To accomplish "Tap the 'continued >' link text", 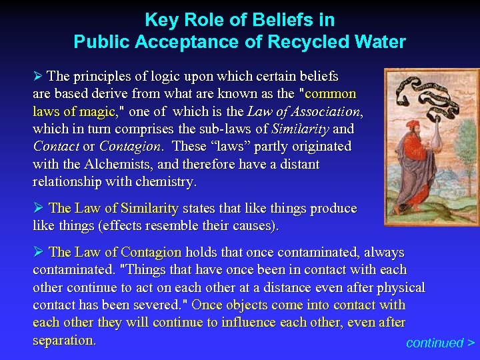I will [x=440, y=343].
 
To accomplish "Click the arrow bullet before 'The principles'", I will [x=39, y=76].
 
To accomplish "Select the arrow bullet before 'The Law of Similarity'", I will [x=39, y=208].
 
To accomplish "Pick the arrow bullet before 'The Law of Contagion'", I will [x=39, y=252].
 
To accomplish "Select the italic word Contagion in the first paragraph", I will [x=130, y=146].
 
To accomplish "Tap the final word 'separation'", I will [x=63, y=339].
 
